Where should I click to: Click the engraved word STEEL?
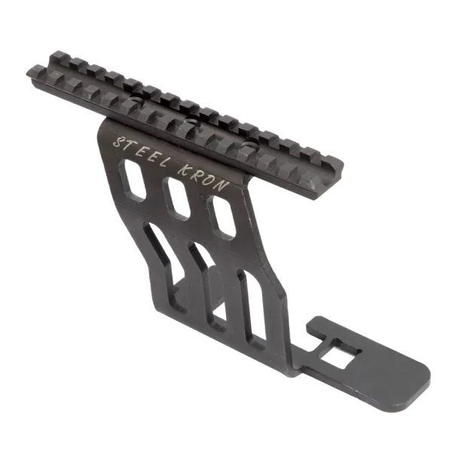[142, 152]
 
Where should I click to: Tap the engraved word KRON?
[204, 178]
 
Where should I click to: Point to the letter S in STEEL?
[119, 142]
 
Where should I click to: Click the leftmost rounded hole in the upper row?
[133, 179]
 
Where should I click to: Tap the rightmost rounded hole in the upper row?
[223, 218]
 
